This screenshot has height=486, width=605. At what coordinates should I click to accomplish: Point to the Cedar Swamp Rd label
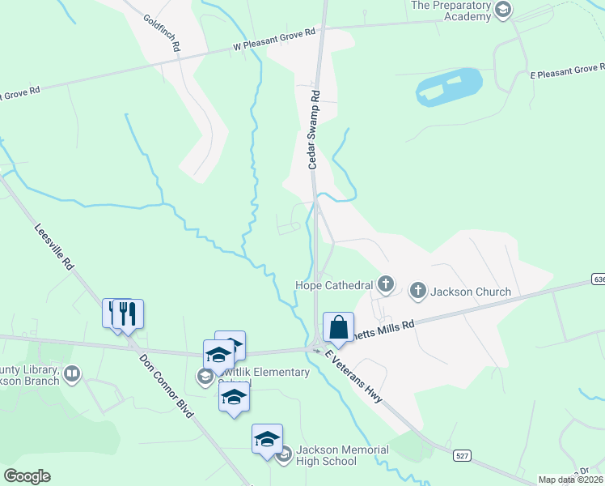pyautogui.click(x=315, y=130)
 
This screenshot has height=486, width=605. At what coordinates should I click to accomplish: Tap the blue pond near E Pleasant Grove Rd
pyautogui.click(x=449, y=86)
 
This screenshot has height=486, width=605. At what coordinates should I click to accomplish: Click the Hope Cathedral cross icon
pyautogui.click(x=387, y=284)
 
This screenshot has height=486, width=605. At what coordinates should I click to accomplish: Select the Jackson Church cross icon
pyautogui.click(x=418, y=291)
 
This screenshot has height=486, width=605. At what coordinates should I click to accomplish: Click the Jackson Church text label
pyautogui.click(x=471, y=292)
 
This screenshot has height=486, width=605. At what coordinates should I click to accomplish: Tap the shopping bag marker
pyautogui.click(x=338, y=328)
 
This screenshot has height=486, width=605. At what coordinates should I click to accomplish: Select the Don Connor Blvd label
pyautogui.click(x=166, y=386)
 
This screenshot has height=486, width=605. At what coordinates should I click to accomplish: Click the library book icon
pyautogui.click(x=72, y=373)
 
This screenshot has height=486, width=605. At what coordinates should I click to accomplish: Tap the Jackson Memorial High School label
pyautogui.click(x=326, y=455)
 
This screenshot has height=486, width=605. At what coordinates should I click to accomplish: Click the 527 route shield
pyautogui.click(x=461, y=457)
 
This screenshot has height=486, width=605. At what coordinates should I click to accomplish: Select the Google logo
pyautogui.click(x=27, y=476)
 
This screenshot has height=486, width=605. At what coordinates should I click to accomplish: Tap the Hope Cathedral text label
pyautogui.click(x=333, y=285)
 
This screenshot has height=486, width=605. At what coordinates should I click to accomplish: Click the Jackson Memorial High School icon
pyautogui.click(x=283, y=456)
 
